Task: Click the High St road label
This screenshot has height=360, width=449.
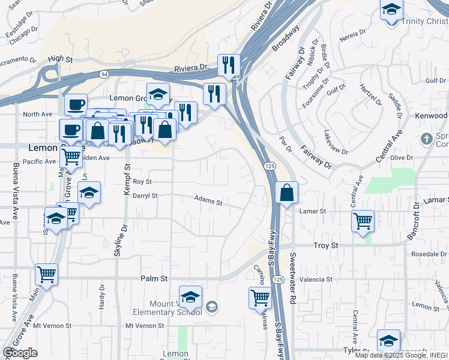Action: (x=60, y=59)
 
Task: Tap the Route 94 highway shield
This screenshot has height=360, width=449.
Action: (x=104, y=74)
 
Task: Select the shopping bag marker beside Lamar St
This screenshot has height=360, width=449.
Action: (x=287, y=193)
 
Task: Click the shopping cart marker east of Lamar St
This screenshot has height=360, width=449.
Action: (x=363, y=221)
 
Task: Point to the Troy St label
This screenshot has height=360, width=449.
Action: (x=327, y=246)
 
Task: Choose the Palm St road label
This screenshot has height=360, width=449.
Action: (x=154, y=278)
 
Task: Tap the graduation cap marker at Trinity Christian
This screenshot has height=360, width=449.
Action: (x=391, y=10)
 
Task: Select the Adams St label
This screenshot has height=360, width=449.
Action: (x=208, y=200)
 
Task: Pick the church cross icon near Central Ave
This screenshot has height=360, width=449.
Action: (x=426, y=139)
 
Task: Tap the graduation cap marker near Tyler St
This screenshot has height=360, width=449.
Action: (x=388, y=340)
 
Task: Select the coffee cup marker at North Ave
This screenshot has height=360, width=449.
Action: (x=76, y=105)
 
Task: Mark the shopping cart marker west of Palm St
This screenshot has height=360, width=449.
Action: (x=46, y=274)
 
